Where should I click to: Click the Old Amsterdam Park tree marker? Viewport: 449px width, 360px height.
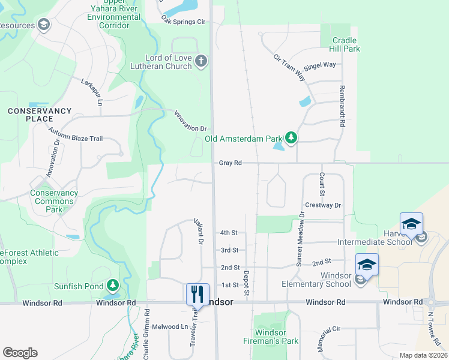[x=291, y=139]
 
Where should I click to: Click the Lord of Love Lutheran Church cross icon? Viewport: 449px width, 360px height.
[x=201, y=61]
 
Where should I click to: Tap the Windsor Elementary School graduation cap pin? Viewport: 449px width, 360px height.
[x=367, y=265]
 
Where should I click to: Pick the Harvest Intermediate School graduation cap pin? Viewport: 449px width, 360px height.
[x=411, y=224]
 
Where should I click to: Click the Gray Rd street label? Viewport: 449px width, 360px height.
[x=230, y=163]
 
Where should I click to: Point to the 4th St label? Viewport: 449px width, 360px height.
[x=229, y=233]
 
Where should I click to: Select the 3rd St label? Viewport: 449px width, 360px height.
[x=229, y=250]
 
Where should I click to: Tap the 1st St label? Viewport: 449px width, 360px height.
[x=230, y=284]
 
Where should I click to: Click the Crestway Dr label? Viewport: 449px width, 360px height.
[x=323, y=205]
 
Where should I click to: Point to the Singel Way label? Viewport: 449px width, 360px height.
[x=321, y=65]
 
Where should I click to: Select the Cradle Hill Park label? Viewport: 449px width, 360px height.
[x=346, y=44]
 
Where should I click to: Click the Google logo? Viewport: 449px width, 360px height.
[x=20, y=353]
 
